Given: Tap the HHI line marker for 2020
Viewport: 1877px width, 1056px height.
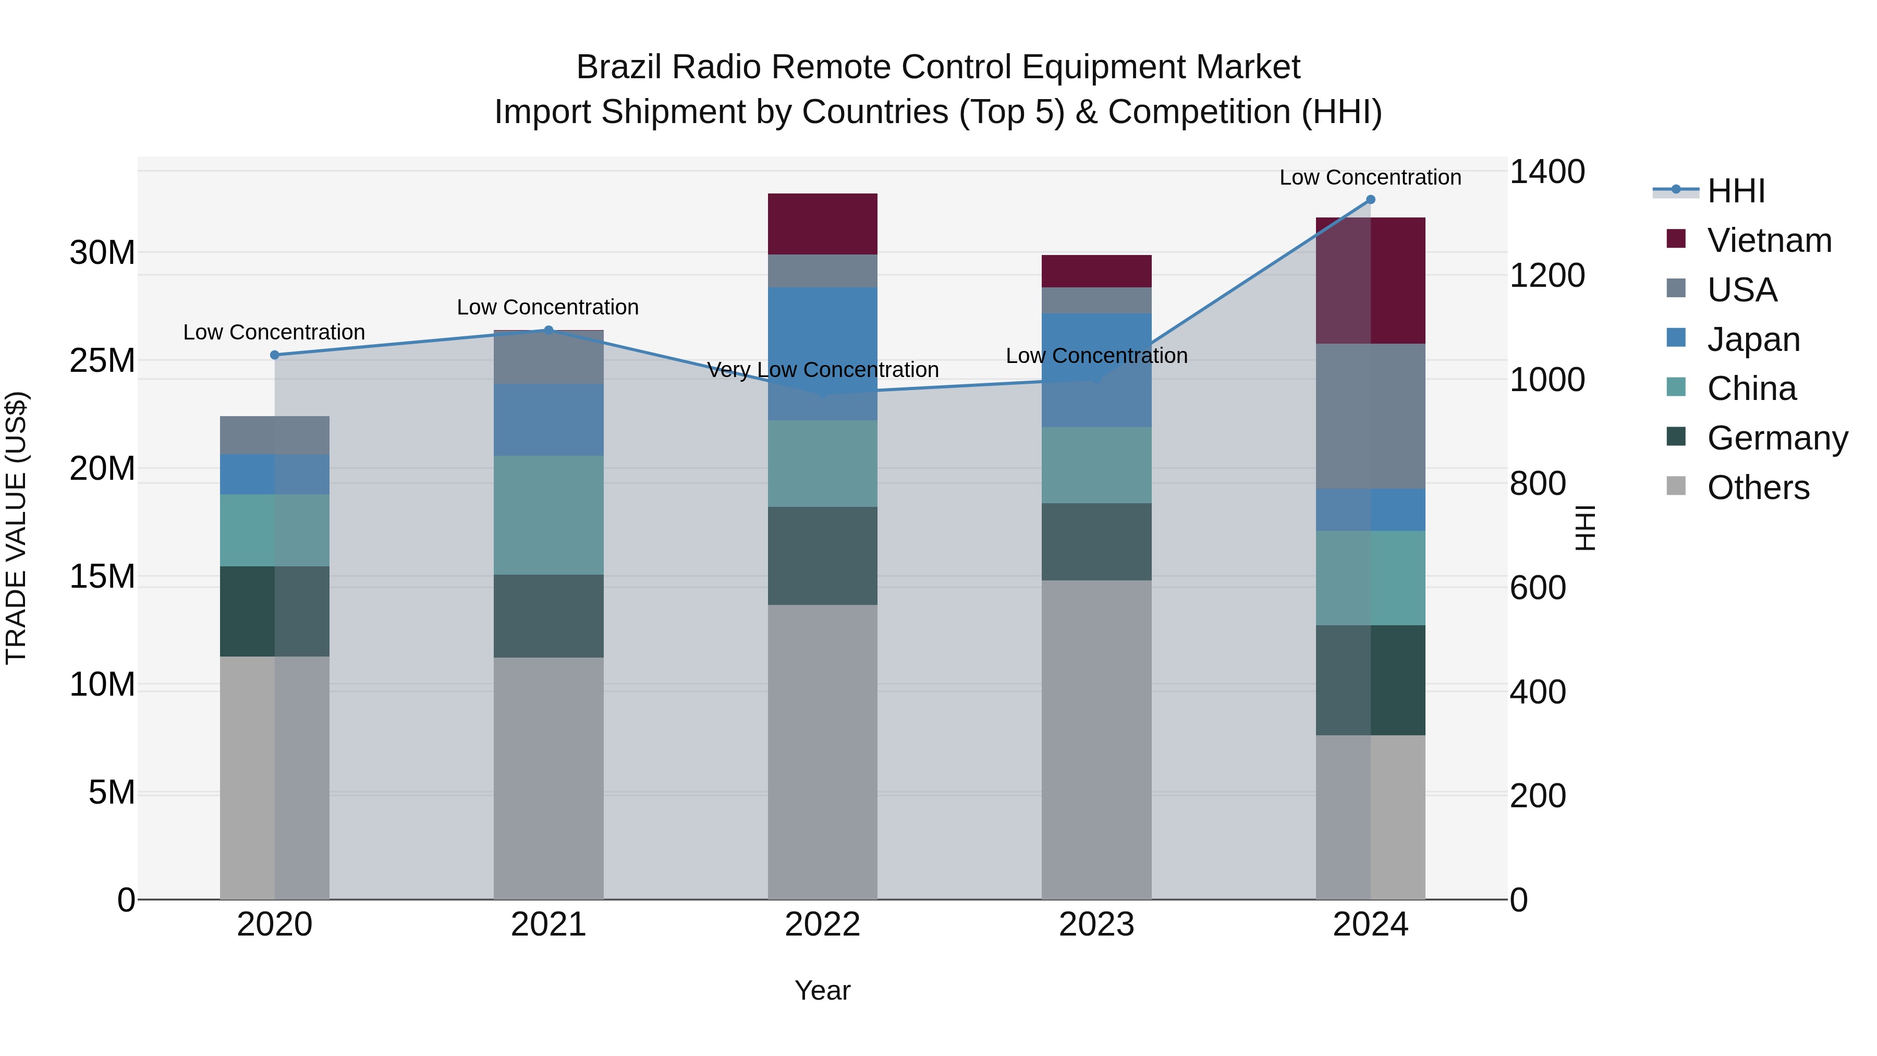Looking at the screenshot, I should pyautogui.click(x=275, y=355).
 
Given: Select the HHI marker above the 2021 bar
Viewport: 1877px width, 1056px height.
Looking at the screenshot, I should pyautogui.click(x=549, y=330).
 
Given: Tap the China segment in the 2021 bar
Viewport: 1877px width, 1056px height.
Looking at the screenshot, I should pyautogui.click(x=549, y=515).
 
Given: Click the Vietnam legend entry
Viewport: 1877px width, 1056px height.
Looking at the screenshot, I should pyautogui.click(x=1769, y=240).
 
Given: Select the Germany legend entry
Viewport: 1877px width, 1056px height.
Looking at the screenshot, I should pyautogui.click(x=1776, y=438).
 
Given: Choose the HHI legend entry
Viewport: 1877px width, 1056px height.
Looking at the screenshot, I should pyautogui.click(x=1736, y=191).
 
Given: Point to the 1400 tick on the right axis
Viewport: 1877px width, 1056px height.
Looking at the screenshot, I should pyautogui.click(x=1546, y=172).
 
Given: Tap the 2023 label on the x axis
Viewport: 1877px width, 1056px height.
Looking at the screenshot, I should pyautogui.click(x=1096, y=925).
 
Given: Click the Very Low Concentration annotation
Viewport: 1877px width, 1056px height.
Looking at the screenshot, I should pyautogui.click(x=823, y=370).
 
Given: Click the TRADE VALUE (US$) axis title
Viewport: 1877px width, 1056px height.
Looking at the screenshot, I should pyautogui.click(x=16, y=528).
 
